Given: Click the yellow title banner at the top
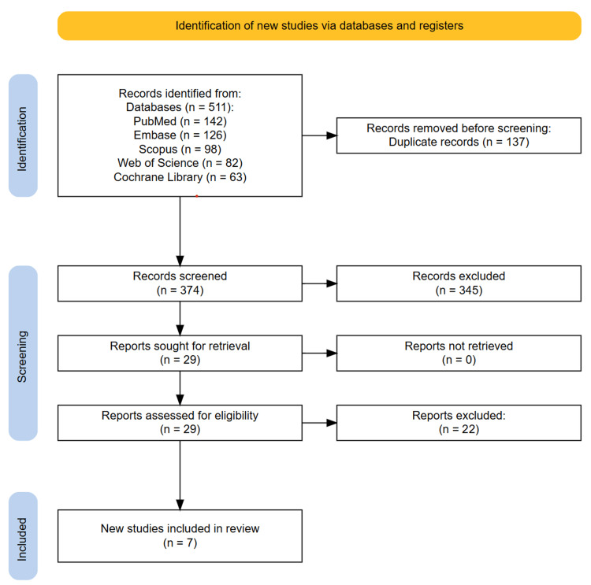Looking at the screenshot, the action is coord(319,26).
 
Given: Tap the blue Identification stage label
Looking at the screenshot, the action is coord(23,135).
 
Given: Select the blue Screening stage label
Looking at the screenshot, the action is coord(23,353).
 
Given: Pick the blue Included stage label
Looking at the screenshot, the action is coord(23,536).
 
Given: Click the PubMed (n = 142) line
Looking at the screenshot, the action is coord(180,121).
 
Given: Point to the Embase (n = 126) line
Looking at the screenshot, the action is coord(180,135).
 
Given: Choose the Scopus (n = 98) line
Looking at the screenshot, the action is coord(180,149).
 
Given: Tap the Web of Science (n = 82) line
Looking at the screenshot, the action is coord(180,163).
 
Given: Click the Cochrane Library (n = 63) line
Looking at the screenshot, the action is coord(180,177).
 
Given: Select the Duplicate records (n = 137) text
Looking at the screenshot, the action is coord(459,142).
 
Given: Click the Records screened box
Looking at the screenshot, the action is coord(180,283).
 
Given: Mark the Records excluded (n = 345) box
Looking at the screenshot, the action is coord(459,283).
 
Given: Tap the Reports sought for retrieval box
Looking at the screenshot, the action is coord(180,354).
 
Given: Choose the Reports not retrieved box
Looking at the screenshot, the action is coord(459,354).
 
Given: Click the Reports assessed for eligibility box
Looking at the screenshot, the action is coord(180,423).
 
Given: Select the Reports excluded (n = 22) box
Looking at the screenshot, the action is coord(459,423).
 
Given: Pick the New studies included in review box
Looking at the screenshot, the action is coord(180,536).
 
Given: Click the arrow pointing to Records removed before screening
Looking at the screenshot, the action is coord(320,135).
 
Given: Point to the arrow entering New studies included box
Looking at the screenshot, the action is coord(180,476).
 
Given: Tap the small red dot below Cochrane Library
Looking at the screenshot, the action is coord(197,196).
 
